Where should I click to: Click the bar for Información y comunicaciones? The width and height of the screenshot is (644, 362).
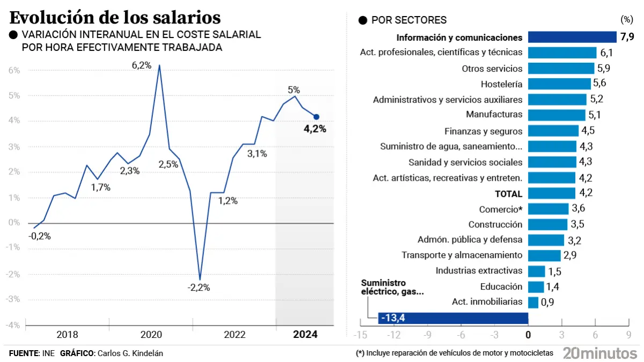[572, 37]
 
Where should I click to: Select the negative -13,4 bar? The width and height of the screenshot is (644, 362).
[453, 318]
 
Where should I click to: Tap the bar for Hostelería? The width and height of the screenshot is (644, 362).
[559, 84]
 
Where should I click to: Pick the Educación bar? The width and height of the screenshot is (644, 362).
[536, 287]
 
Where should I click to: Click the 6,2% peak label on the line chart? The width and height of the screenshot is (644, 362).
[142, 65]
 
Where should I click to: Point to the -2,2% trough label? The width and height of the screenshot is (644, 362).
[199, 287]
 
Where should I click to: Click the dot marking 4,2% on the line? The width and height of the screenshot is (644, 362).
[317, 117]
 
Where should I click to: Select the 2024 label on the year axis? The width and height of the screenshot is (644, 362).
[305, 335]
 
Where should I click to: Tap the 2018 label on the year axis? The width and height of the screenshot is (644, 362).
[67, 335]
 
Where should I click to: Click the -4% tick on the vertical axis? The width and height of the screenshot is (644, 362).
[13, 326]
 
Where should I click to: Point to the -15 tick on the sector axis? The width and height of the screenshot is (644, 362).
[360, 335]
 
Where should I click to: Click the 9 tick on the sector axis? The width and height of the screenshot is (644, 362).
[628, 335]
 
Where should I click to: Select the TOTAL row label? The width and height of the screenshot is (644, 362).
[509, 194]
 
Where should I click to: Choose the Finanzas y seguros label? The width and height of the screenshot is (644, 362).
[484, 131]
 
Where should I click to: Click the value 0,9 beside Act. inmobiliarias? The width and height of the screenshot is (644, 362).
[547, 302]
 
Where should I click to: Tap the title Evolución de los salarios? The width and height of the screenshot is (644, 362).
[115, 18]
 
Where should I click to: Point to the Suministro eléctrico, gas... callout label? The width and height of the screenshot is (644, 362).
[392, 287]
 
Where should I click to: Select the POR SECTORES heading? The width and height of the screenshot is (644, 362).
[409, 20]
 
